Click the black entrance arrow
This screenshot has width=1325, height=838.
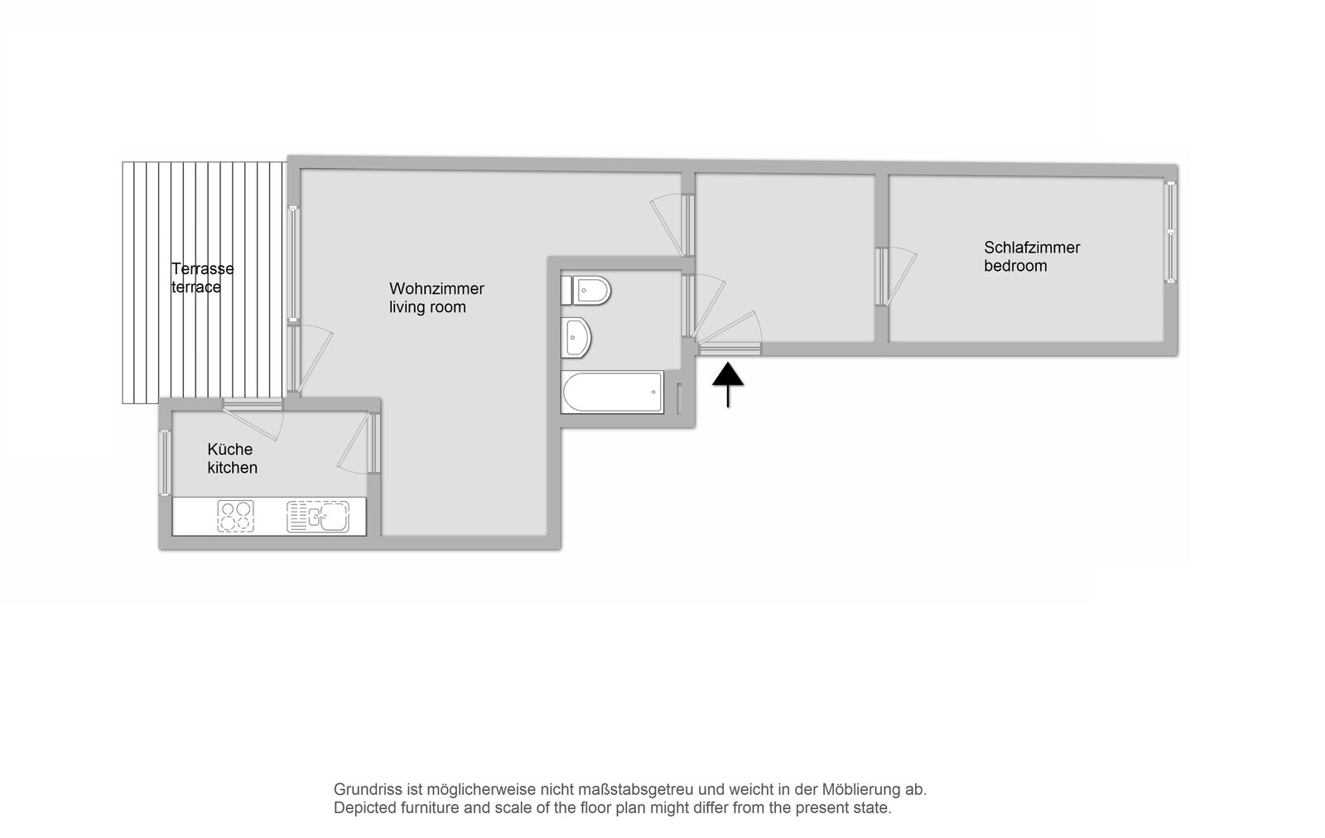728,385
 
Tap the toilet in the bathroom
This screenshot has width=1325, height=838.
585,291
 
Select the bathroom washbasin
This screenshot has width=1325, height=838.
576,338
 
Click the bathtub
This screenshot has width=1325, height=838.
612,393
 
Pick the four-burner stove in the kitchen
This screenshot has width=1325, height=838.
236,516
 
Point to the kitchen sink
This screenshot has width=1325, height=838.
318,516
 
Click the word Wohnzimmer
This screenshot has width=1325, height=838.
436,289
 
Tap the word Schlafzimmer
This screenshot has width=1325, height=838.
1032,248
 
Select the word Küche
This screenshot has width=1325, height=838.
230,449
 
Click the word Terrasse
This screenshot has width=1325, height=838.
202,269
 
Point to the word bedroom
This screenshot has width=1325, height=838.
1015,266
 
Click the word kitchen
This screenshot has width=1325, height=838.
233,467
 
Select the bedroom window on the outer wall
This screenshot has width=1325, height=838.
1171,232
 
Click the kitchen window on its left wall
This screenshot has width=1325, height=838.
165,462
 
